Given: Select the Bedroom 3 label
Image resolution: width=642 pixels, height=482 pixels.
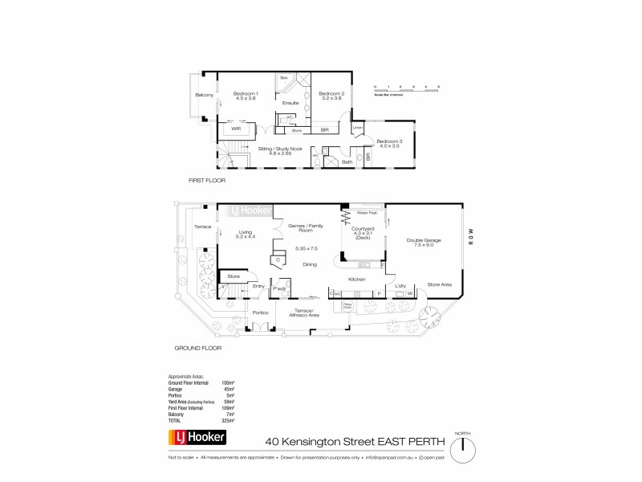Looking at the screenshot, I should point(389,143).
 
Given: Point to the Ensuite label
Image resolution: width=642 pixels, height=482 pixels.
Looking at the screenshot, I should point(291,103).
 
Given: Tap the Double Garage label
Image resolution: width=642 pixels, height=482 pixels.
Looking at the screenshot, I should point(423,241).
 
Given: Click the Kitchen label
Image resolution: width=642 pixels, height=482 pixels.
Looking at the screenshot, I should point(356,279).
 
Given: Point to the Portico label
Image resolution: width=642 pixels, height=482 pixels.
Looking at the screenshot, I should point(260,312).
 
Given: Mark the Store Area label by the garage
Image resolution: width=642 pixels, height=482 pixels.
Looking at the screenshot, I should point(439,284).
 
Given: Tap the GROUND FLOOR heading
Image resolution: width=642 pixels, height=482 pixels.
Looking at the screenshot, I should point(198,349).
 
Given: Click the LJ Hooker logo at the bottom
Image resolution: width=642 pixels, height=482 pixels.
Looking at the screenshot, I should point(197,439).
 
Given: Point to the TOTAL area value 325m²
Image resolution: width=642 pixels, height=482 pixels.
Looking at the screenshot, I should point(228,420).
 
